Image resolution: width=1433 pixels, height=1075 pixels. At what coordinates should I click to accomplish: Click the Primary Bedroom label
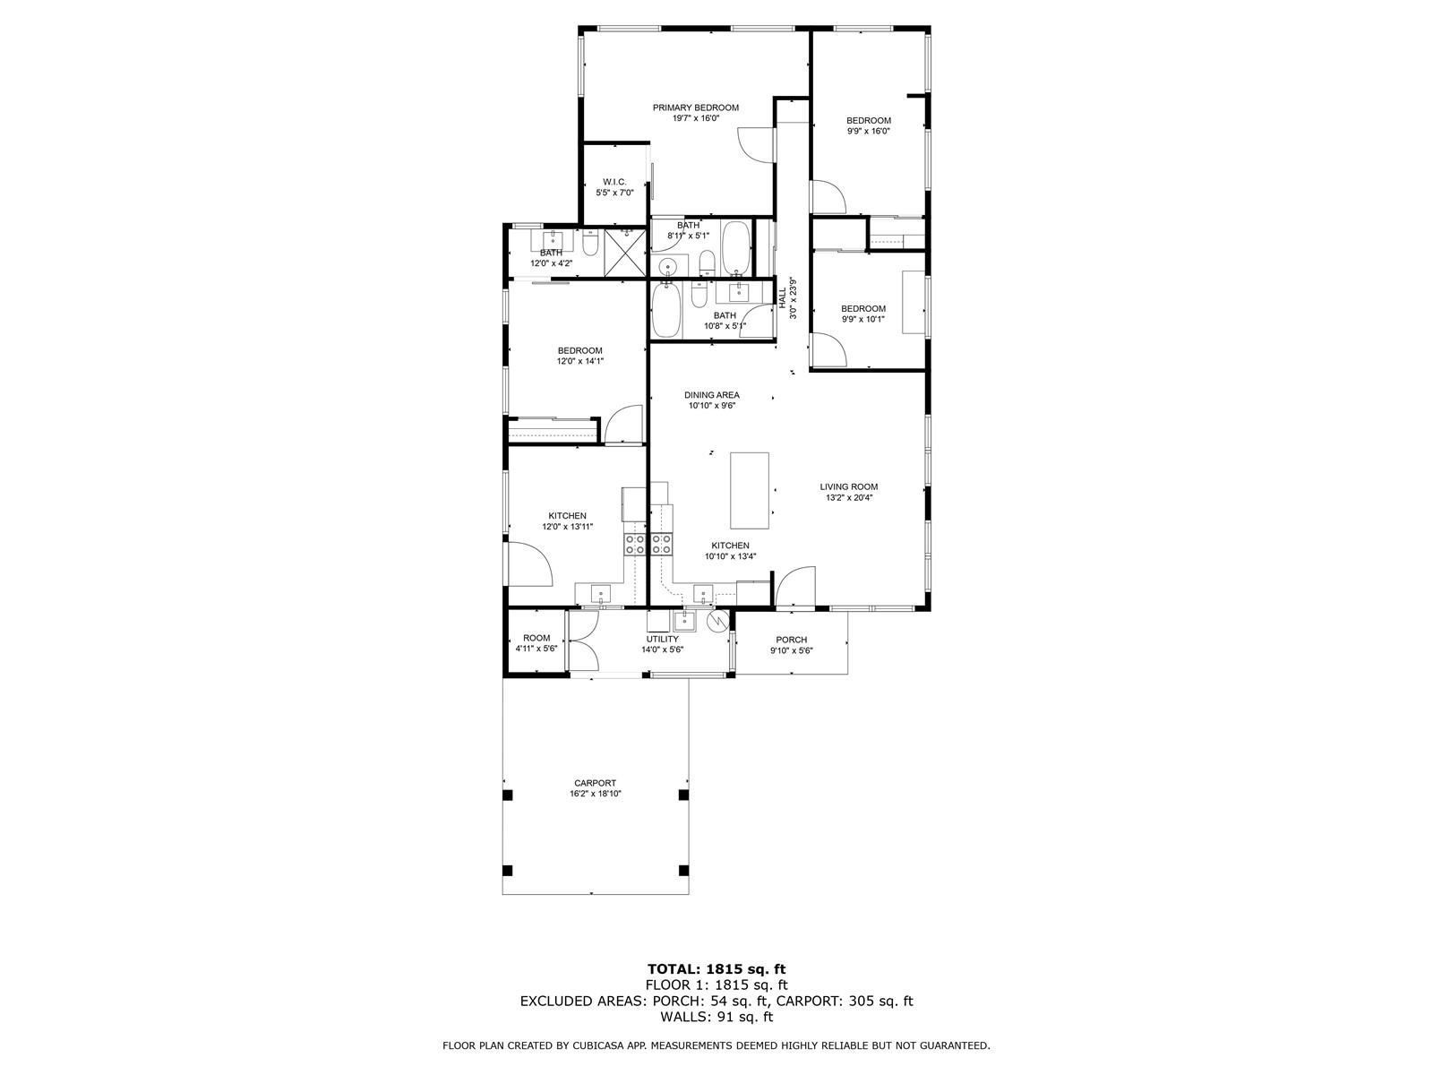pos(695,107)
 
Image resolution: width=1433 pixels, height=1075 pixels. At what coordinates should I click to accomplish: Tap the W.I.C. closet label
pos(614,182)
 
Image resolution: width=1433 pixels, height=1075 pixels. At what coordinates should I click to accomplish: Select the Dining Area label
pos(712,395)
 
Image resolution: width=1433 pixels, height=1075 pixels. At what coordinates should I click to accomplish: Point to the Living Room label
pos(849,486)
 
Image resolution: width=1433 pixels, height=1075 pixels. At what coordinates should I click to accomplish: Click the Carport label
pos(595,783)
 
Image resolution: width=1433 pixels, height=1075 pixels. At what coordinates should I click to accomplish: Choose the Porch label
pos(791,640)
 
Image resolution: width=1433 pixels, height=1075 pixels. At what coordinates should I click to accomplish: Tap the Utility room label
pos(662,639)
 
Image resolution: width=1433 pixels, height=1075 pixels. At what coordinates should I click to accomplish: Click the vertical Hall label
pos(782,298)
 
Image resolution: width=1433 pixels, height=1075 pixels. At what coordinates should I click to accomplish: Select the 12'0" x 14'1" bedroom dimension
pos(579,361)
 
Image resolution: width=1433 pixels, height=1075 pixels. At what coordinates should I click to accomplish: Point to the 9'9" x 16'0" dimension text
pos(868,131)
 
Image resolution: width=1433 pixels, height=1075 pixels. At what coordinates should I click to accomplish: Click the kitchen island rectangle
pos(750,490)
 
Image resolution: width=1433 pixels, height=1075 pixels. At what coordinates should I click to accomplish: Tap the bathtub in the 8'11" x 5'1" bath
pos(736,248)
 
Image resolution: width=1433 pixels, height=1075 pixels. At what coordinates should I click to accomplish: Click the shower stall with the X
pos(625,252)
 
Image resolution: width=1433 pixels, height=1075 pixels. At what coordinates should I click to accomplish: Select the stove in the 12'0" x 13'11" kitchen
pos(635,544)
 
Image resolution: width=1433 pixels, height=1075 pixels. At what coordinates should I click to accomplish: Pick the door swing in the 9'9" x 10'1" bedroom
pos(828,349)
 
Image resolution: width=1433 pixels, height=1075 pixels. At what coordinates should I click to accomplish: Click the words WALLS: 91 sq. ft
pos(716,1016)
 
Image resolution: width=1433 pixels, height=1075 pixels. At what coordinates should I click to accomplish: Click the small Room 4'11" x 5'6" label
pos(536,643)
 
